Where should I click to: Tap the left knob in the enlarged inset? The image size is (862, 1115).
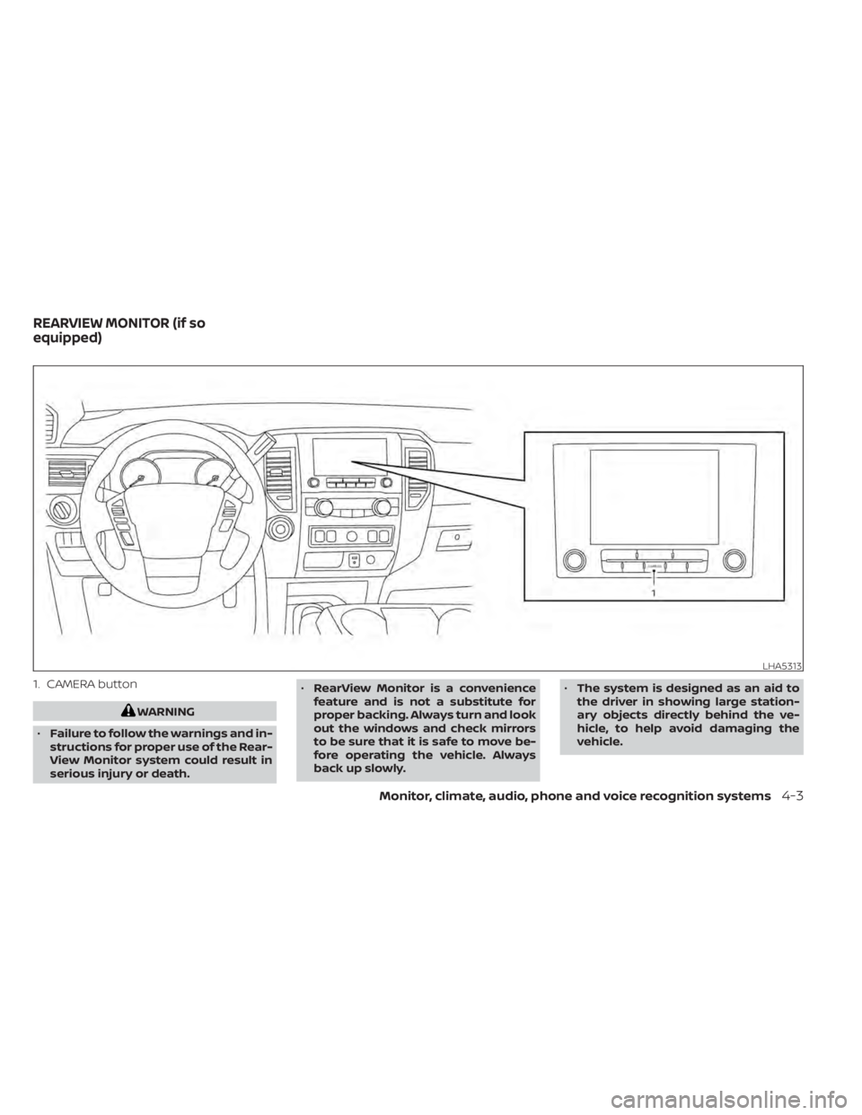(572, 562)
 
